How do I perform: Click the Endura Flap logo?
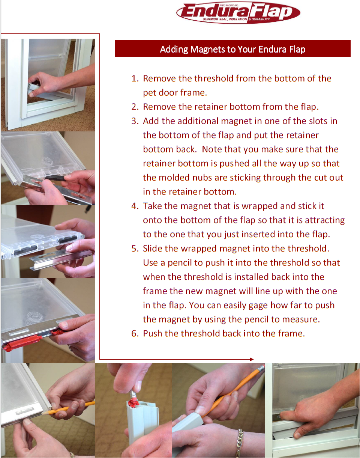pos(238,13)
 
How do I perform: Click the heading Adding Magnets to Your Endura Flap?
pos(232,49)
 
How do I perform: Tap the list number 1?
pos(135,78)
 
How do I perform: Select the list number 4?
pos(135,206)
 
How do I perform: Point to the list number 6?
pos(135,333)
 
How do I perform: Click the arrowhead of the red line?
pos(252,360)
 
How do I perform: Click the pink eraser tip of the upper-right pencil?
pos(262,368)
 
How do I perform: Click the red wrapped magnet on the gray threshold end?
pos(133,402)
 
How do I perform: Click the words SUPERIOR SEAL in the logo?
pos(215,19)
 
